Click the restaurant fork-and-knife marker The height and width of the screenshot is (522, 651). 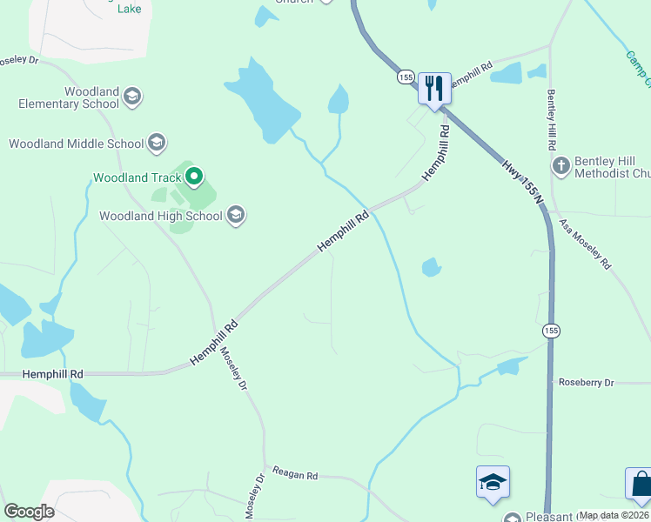(433, 88)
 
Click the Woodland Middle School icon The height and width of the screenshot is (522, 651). (157, 143)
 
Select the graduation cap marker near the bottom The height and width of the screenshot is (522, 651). (493, 482)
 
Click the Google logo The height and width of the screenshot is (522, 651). (29, 511)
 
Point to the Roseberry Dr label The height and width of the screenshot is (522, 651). (586, 382)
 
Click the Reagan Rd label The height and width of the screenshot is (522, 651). (295, 475)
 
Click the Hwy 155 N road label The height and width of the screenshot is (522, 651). (522, 181)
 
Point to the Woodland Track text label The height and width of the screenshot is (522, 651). (135, 177)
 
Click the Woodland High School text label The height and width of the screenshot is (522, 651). (161, 216)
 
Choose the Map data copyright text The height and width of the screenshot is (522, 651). (614, 515)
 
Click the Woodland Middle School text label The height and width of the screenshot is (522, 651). (77, 144)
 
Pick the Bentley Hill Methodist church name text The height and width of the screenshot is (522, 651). (612, 167)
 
